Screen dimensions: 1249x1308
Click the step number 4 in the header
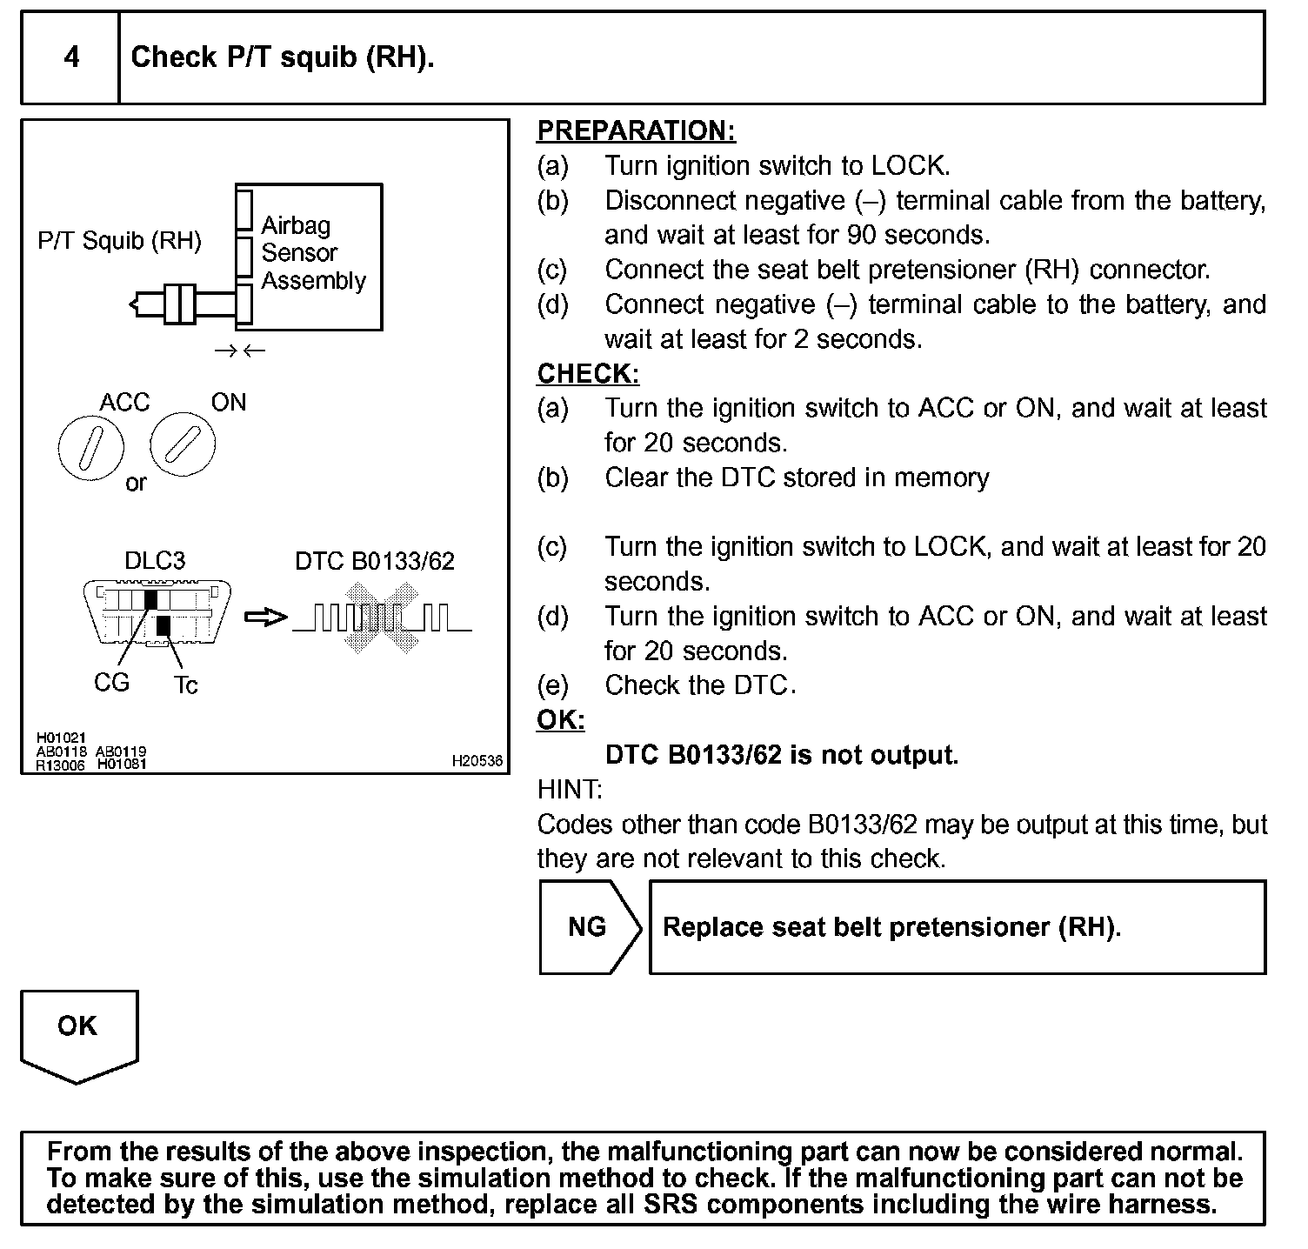click(71, 57)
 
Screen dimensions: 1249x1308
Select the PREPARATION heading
click(636, 130)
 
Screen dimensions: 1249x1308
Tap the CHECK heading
click(588, 373)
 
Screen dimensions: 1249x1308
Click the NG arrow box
click(589, 927)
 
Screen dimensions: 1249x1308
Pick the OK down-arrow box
click(78, 1033)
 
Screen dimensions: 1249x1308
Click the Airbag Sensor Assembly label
click(313, 253)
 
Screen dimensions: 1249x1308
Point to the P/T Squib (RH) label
click(119, 241)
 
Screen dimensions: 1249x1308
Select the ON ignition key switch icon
click(182, 444)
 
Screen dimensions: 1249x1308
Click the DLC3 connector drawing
click(157, 612)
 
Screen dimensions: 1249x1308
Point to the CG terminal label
click(111, 683)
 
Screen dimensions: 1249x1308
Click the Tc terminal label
click(185, 685)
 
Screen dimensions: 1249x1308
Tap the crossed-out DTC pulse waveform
click(382, 618)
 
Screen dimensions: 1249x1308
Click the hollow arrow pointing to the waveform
click(265, 618)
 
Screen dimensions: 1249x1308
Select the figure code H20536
click(477, 761)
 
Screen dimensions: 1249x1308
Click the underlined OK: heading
click(561, 720)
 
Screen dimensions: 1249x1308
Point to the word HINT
click(570, 790)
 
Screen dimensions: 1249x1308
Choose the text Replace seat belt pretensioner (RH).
click(891, 927)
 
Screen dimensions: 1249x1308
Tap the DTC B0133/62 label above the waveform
click(374, 561)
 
